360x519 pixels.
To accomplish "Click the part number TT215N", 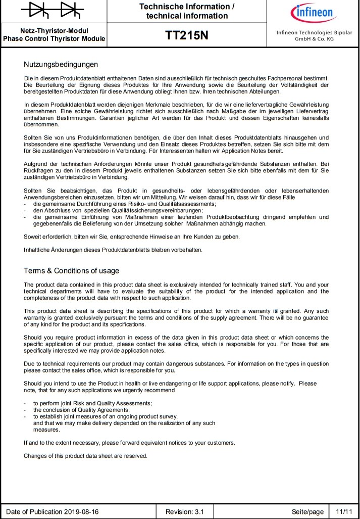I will pos(187,35).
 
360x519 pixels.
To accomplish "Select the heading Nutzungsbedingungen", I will pos(61,65).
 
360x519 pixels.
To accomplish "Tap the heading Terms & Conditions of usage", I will pos(71,270).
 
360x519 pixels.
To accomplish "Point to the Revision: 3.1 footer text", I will pos(185,511).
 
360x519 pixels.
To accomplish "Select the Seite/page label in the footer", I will pos(307,511).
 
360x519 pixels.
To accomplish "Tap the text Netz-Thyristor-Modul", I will pos(54,31).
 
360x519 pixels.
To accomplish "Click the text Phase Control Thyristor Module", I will pos(54,38).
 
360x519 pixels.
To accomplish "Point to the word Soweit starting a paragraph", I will pos(33,237).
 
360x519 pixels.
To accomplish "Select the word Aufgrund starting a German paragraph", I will pos(36,164).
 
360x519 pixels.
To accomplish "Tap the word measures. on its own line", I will pos(46,430).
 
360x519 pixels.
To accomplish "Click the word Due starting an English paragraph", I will pos(29,364).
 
